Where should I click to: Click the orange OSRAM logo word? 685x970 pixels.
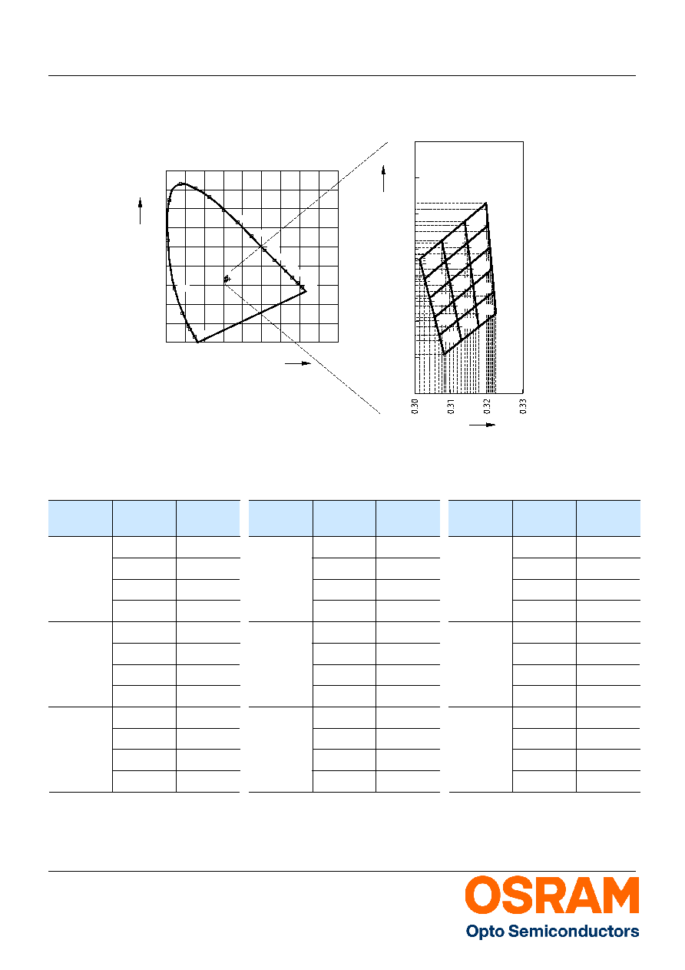tap(552, 896)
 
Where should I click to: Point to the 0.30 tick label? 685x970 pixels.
tap(415, 406)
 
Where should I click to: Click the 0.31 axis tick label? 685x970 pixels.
tap(451, 406)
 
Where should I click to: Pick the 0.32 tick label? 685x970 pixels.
tap(487, 406)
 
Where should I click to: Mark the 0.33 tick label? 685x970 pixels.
tap(523, 406)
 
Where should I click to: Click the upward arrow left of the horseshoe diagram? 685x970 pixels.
tap(140, 211)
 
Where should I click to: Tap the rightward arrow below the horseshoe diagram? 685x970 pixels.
tap(298, 363)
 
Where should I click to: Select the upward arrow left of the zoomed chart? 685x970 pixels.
tap(383, 178)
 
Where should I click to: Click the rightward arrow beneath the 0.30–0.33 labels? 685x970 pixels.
tap(482, 425)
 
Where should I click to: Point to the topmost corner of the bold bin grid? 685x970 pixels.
tap(486, 203)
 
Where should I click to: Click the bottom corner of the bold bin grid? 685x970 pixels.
tap(445, 355)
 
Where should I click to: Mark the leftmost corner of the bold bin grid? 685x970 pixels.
tap(419, 260)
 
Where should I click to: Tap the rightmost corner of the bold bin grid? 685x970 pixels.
tap(496, 312)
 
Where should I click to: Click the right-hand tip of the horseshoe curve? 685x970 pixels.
tap(306, 291)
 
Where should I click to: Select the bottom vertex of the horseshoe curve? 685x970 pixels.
tap(198, 342)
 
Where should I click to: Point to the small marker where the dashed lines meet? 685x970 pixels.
tap(227, 279)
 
